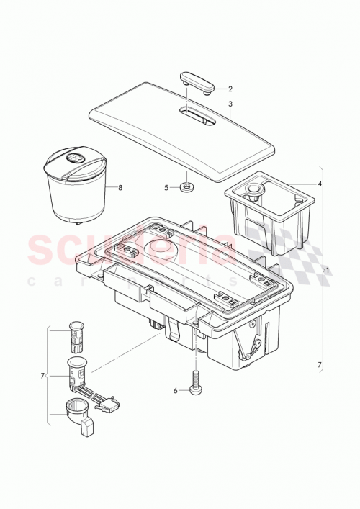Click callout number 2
pos(230,89)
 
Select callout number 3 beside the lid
pos(230,103)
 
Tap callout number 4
pos(320,183)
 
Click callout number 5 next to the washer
pos(166,187)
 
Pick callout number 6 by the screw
pos(175,390)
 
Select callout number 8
pos(120,187)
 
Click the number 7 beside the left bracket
pos(44,375)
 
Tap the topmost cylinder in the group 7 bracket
pos(76,333)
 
